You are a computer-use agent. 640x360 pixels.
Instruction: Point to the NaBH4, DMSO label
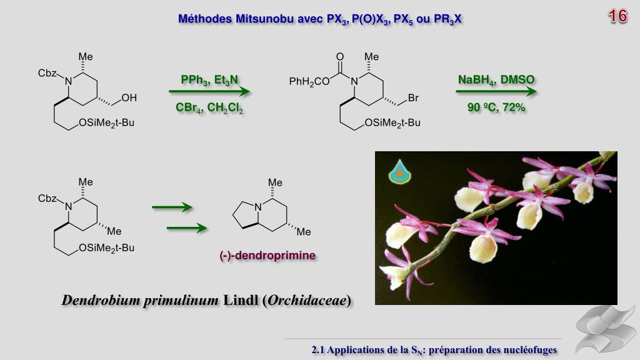[496, 80]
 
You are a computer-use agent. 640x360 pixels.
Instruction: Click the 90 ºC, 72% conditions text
[496, 107]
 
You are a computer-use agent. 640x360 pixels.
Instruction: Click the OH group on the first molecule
[129, 97]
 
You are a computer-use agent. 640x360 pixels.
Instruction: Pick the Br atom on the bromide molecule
[413, 97]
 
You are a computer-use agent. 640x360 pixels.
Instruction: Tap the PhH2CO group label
[309, 81]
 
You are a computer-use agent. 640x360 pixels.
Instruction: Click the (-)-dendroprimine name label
[267, 256]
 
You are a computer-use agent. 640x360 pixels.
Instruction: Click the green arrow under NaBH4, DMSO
[496, 92]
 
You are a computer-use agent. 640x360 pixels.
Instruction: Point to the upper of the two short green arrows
[171, 207]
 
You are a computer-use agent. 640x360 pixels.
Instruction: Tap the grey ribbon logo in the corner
[605, 327]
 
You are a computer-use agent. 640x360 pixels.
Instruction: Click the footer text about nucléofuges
[434, 349]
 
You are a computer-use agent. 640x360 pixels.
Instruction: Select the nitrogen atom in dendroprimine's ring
[258, 201]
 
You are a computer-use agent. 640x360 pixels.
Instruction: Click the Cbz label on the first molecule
[47, 73]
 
